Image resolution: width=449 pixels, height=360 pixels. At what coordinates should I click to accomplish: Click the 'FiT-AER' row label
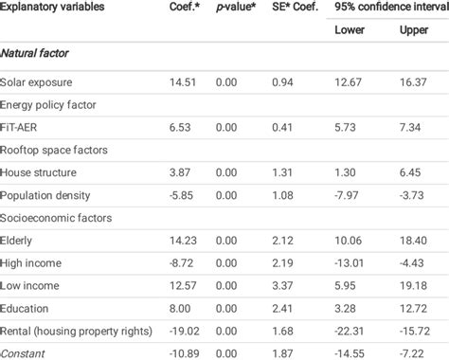(24, 127)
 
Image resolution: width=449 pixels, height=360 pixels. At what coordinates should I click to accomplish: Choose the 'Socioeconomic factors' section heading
(57, 218)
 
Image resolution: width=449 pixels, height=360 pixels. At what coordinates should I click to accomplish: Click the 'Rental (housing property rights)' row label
(77, 332)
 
